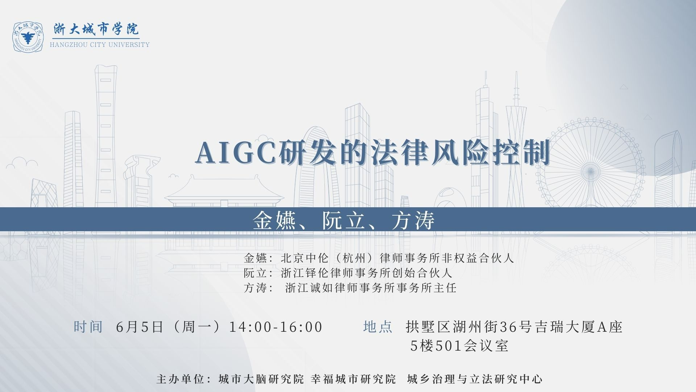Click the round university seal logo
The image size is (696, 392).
(x=28, y=36)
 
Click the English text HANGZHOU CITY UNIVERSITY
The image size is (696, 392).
(x=100, y=45)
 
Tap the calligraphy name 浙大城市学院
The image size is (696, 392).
(x=96, y=29)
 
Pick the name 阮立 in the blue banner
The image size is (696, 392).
(x=344, y=220)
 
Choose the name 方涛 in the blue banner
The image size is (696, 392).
(x=413, y=220)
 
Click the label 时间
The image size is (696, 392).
(x=88, y=327)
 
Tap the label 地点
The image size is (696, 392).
(x=378, y=327)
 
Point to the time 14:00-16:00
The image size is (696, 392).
(x=276, y=327)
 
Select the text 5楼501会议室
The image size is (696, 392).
(x=459, y=346)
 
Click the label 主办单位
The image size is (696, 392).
(x=179, y=379)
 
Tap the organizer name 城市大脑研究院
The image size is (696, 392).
(x=261, y=379)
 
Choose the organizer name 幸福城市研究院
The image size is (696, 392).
(x=353, y=379)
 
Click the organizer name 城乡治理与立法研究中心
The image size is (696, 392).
(x=475, y=379)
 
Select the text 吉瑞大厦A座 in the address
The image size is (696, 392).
(x=577, y=327)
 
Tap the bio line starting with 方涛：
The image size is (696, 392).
(x=350, y=288)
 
